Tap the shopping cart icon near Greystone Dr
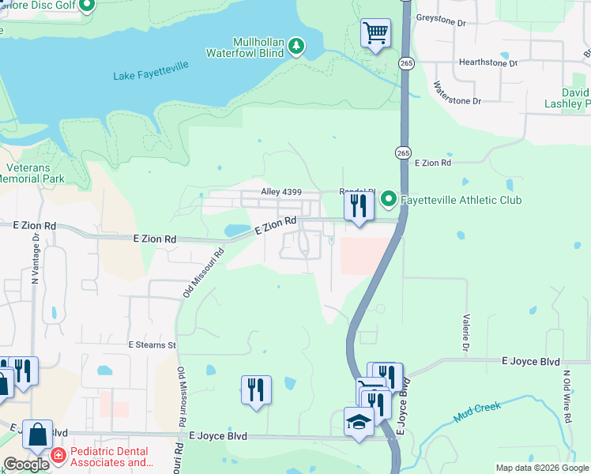375,33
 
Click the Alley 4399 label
281,192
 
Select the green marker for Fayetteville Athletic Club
388,199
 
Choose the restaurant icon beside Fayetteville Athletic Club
359,206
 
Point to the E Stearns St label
152,345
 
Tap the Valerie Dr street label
465,331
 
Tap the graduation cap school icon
359,421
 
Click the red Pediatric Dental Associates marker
58,455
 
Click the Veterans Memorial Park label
33,173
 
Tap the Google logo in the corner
26,464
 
